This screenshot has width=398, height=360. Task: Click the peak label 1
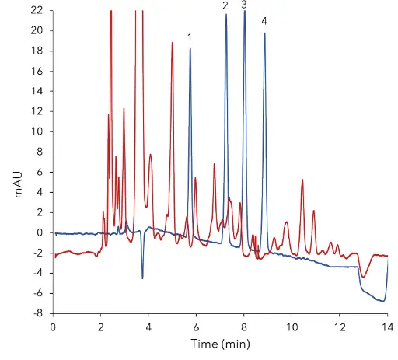190,37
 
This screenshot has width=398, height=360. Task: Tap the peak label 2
225,6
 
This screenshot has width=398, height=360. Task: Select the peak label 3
244,5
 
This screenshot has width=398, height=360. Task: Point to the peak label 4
264,20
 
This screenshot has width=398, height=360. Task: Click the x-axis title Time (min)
219,344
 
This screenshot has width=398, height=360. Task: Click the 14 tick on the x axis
386,327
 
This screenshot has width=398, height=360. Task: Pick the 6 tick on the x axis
196,327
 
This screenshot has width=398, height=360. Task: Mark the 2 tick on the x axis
100,327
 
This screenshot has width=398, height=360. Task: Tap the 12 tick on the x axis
339,327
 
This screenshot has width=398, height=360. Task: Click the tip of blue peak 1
190,49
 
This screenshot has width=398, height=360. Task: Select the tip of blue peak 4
264,33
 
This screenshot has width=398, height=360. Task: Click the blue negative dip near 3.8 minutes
142,278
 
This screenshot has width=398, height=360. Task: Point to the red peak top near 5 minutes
172,43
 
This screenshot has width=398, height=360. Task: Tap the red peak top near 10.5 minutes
302,180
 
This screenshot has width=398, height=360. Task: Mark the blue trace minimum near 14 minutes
383,300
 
